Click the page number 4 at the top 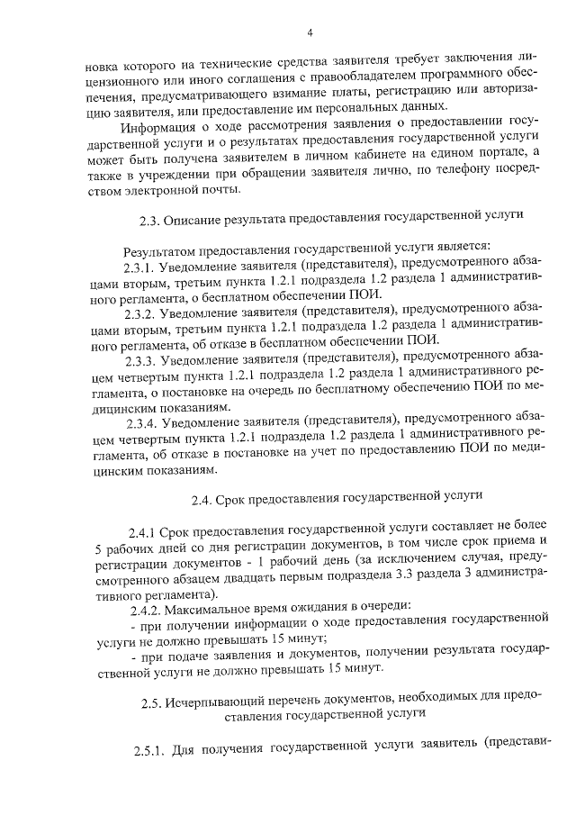click(309, 33)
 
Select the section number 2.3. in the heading click(150, 217)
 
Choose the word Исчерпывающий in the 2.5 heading click(219, 697)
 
